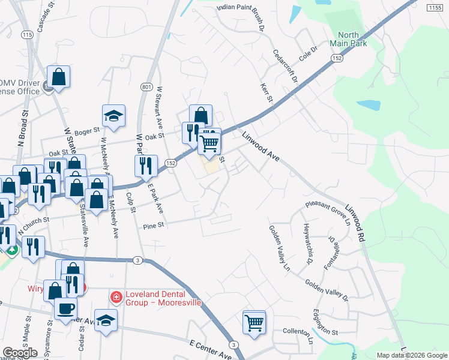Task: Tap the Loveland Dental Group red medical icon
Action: click(116, 297)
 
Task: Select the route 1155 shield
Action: click(435, 7)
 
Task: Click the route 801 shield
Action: click(146, 88)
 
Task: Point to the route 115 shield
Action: click(26, 35)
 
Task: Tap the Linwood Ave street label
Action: click(262, 146)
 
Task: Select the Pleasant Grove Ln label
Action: click(328, 212)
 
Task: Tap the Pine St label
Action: click(154, 226)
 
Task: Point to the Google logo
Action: click(20, 353)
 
